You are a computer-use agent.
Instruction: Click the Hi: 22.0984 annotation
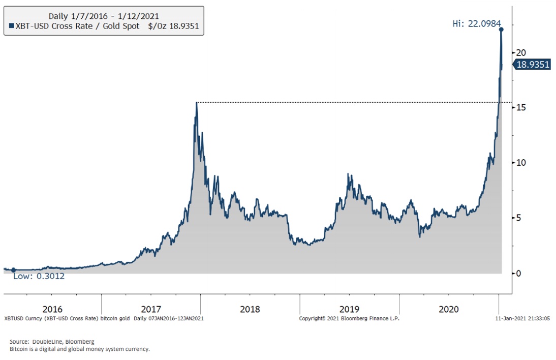[476, 23]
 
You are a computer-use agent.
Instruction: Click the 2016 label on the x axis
[52, 309]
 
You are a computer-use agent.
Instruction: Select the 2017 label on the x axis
[151, 309]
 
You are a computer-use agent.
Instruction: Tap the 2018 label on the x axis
[250, 309]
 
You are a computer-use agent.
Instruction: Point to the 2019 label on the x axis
[349, 309]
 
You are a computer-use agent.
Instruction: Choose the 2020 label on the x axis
[449, 309]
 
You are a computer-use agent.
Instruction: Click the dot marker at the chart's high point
[501, 29]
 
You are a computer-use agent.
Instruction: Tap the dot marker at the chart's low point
[13, 270]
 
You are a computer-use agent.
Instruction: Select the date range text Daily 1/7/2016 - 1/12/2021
[103, 15]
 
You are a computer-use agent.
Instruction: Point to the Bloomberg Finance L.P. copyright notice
[349, 318]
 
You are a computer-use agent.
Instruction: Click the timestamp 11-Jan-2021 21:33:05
[522, 318]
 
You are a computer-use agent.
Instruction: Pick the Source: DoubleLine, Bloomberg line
[52, 342]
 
